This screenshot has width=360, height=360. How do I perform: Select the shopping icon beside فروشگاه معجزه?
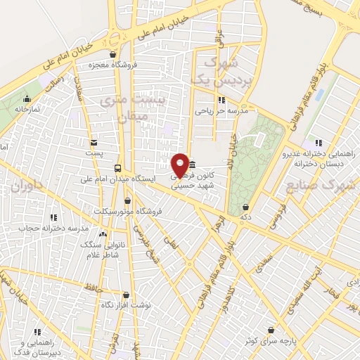point(112,54)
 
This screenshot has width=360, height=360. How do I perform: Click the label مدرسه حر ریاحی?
point(222,110)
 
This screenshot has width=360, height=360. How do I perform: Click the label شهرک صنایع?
point(334,186)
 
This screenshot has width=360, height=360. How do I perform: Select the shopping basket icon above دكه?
point(245,207)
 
